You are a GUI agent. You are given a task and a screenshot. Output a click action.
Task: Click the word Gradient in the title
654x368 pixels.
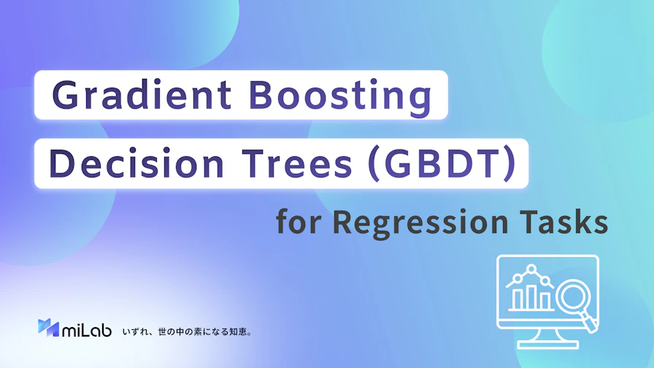[142, 94]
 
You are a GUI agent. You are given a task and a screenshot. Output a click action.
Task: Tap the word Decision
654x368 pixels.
[136, 163]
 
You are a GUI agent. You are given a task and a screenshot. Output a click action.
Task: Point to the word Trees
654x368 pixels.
[297, 163]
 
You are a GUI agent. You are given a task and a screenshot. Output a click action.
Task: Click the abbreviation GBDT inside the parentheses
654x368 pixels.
[442, 163]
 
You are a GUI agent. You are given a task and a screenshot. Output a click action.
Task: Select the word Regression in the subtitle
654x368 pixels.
[420, 223]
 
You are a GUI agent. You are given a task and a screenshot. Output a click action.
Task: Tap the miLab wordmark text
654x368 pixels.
[87, 329]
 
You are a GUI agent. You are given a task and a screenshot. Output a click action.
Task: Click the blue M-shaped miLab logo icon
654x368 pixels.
[48, 328]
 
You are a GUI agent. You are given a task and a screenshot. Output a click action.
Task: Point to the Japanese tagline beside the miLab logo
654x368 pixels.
[187, 332]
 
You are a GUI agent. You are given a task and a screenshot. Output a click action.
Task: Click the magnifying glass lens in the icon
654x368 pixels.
[573, 297]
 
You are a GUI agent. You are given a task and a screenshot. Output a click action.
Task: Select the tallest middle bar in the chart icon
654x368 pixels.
[531, 297]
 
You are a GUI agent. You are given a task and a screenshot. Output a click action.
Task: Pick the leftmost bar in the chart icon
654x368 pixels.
[518, 299]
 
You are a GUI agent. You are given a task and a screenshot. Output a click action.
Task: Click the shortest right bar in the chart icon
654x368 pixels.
[545, 302]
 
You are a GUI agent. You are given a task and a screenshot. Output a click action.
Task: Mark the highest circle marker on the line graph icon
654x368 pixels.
[531, 269]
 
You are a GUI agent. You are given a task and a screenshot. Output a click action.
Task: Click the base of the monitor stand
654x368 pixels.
[547, 345]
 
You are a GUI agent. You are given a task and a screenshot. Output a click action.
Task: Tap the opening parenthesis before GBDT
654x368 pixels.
[374, 164]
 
